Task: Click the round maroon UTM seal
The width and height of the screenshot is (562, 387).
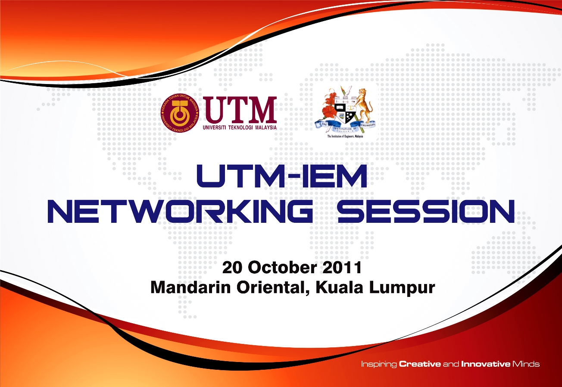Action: pos(180,113)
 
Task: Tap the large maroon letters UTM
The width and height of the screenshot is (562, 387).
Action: pos(240,109)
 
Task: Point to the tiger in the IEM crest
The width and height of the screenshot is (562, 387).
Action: pos(364,106)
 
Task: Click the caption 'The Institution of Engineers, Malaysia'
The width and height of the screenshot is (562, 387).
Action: pos(346,135)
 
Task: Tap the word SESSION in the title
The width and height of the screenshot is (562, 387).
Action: pos(426,211)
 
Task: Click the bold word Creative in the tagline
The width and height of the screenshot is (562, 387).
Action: pos(420,364)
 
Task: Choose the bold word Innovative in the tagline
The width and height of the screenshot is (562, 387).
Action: pos(485,364)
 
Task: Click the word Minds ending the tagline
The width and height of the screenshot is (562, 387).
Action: pos(526,364)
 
